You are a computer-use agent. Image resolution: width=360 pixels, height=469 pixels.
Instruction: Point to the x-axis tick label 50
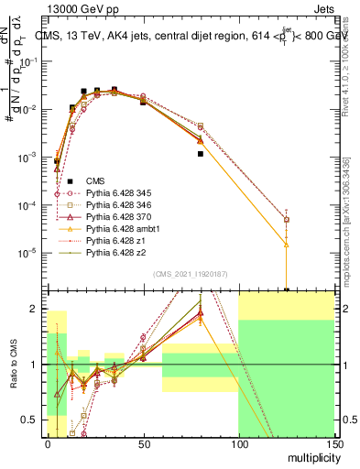pos(143,443)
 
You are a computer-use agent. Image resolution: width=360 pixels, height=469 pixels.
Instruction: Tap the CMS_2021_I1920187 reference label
pos(190,273)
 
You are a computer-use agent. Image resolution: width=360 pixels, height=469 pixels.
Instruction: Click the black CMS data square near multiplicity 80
pos(200,154)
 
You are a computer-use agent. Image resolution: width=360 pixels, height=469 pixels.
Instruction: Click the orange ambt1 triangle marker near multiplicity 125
pos(287,245)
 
